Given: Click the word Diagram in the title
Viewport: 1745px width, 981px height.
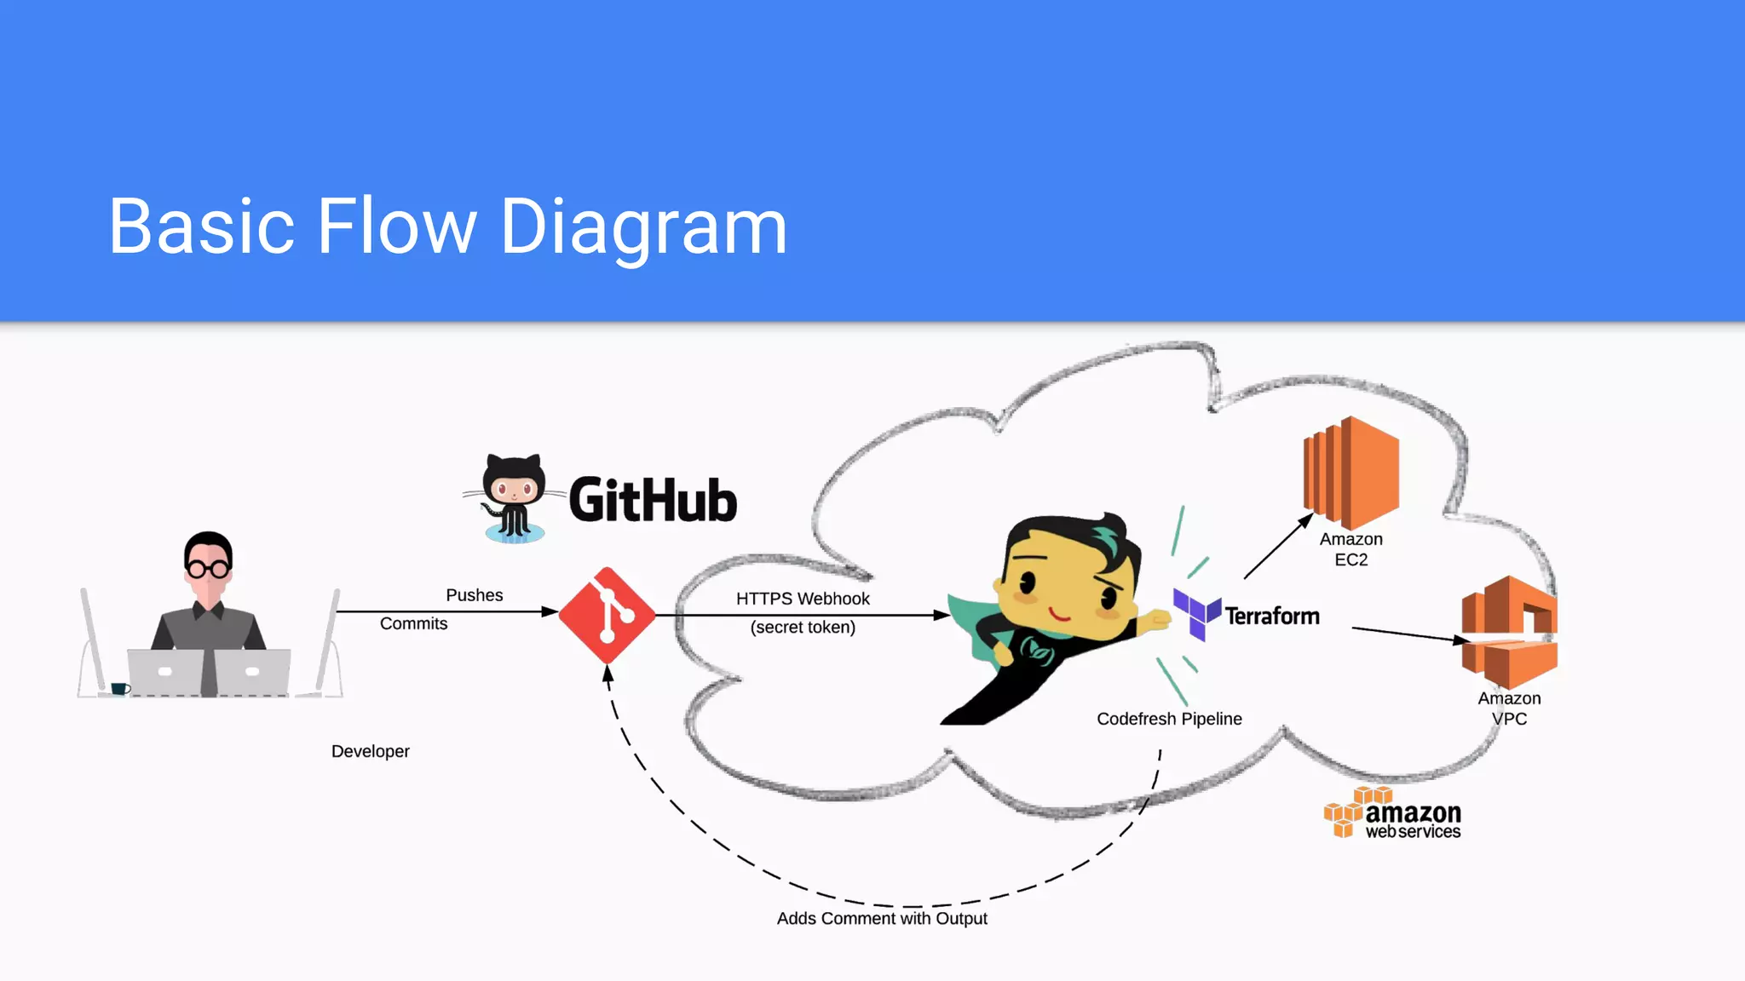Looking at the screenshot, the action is [643, 227].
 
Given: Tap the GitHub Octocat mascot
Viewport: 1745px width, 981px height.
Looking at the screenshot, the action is [513, 498].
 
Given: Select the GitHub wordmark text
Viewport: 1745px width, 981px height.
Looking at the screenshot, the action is [653, 500].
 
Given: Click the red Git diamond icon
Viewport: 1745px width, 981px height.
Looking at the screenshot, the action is [607, 615].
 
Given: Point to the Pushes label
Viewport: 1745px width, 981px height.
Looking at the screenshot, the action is [474, 595].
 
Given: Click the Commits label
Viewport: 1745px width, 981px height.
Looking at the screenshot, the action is [413, 623].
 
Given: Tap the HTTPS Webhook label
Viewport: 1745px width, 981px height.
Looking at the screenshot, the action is [803, 599].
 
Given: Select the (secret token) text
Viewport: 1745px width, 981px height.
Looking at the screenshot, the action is [803, 628].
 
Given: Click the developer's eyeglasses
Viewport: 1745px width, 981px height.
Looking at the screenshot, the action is [208, 568].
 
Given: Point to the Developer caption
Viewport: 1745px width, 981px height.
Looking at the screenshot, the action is [370, 751].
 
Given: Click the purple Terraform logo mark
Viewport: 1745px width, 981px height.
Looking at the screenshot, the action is [1196, 613].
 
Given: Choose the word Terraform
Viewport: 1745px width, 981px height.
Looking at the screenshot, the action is [1272, 616].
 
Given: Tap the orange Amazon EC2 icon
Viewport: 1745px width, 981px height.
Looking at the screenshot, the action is [1351, 473].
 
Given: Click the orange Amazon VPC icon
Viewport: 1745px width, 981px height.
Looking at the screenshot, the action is [1509, 632].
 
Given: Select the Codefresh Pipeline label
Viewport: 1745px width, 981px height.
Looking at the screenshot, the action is [1169, 719].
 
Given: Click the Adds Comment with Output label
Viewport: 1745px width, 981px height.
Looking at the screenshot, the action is [882, 919].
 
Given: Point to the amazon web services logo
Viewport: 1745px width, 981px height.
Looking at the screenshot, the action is [1392, 814].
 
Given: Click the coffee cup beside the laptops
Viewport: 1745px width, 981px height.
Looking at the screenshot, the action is [119, 688].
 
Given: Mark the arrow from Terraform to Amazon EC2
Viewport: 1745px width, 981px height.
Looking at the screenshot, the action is [1278, 546].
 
